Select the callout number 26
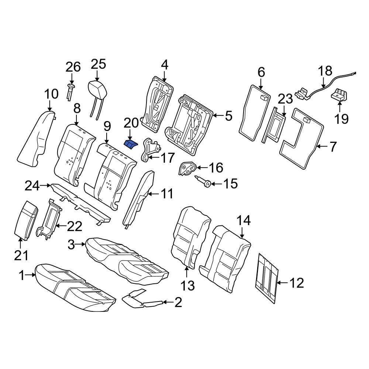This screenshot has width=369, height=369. point(73,67)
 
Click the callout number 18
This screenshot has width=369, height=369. point(325,70)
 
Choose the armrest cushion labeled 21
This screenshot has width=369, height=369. point(26,220)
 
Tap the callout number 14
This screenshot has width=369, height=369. point(244,221)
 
